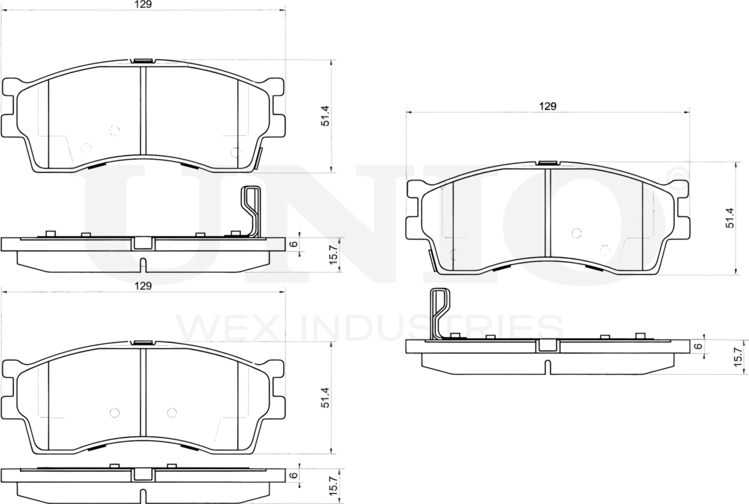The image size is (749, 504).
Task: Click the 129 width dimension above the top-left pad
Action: pyautogui.click(x=143, y=4)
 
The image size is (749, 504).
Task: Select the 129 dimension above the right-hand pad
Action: pyautogui.click(x=548, y=106)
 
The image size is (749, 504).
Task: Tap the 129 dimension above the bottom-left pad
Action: pyautogui.click(x=143, y=285)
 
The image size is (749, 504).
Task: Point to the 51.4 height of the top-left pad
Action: pyautogui.click(x=326, y=116)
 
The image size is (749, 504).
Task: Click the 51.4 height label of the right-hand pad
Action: pyautogui.click(x=729, y=218)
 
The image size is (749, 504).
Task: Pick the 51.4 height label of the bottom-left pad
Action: pyautogui.click(x=326, y=397)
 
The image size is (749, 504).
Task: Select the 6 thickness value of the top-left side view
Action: pyautogui.click(x=293, y=244)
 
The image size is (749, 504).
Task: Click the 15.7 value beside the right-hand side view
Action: pyautogui.click(x=738, y=356)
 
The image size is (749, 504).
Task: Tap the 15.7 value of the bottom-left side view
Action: pyautogui.click(x=333, y=486)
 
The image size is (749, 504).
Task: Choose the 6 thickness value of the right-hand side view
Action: pyautogui.click(x=699, y=346)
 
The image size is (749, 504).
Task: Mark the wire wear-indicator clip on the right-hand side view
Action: pyautogui.click(x=439, y=312)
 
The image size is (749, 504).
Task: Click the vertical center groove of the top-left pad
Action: pyautogui.click(x=143, y=110)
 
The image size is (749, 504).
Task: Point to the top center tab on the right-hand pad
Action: pyautogui.click(x=548, y=163)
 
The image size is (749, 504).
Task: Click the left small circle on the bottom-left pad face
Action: pyautogui.click(x=113, y=413)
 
